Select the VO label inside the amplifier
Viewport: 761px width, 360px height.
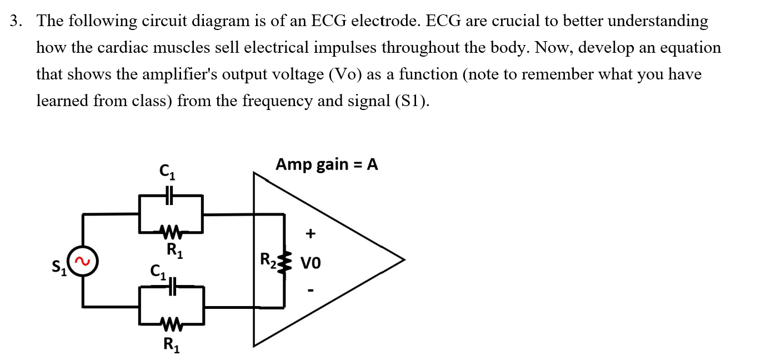coord(311,262)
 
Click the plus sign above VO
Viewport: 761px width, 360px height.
coord(311,234)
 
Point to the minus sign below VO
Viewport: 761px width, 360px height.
coord(311,289)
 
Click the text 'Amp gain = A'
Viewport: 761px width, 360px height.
coord(327,164)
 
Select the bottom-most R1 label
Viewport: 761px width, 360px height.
coord(171,344)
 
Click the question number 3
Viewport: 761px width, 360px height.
coord(17,22)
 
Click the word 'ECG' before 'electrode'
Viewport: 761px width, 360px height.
coord(330,22)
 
